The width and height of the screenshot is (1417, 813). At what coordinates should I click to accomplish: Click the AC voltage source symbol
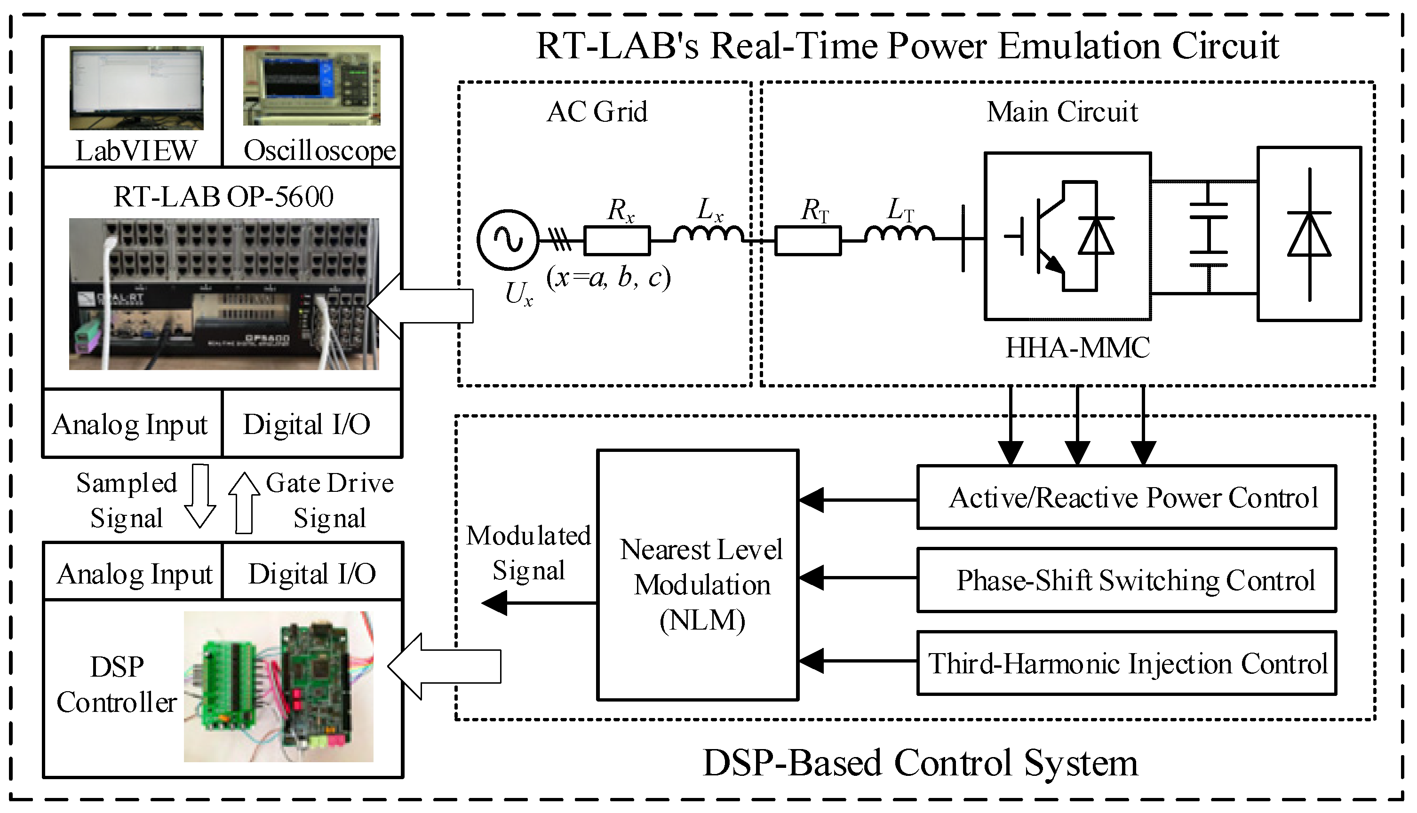(x=508, y=239)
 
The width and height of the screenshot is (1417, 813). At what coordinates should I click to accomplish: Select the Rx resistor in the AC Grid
(x=617, y=240)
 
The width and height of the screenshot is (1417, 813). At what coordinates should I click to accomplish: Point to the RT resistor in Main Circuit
(x=808, y=240)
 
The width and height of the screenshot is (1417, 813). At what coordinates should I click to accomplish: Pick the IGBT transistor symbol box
(x=1067, y=236)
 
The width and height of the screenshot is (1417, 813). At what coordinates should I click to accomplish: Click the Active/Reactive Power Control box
(x=1127, y=497)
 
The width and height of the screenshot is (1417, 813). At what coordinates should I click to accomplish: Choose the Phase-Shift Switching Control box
(x=1127, y=580)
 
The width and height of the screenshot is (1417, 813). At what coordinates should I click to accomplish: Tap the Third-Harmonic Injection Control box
(x=1127, y=663)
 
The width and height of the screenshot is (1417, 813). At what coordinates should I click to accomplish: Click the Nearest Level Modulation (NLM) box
(x=698, y=575)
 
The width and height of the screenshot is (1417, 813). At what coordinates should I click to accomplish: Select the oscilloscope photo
(x=311, y=85)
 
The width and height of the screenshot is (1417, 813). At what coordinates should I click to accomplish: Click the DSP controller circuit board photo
(x=279, y=687)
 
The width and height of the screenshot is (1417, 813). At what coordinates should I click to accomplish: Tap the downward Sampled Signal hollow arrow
(x=200, y=496)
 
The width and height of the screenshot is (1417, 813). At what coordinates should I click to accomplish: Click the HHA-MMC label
(x=1077, y=347)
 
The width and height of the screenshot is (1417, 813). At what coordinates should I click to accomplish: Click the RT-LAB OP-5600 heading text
(x=223, y=197)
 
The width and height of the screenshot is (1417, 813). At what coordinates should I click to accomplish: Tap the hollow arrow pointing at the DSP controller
(x=445, y=666)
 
